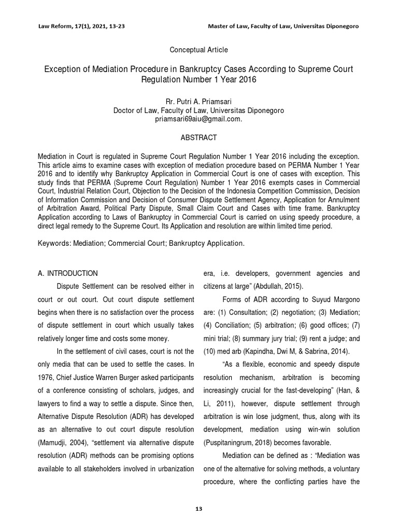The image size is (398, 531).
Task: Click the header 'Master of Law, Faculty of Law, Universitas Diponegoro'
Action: (x=283, y=26)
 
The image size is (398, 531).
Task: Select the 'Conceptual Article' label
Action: (x=198, y=50)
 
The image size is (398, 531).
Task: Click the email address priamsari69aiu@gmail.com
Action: (x=198, y=119)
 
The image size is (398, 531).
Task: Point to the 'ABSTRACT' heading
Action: (x=198, y=137)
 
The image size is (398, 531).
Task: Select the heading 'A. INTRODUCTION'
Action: (x=68, y=273)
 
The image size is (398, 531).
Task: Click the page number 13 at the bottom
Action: (x=198, y=509)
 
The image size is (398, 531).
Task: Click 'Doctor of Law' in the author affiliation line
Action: (x=136, y=110)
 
